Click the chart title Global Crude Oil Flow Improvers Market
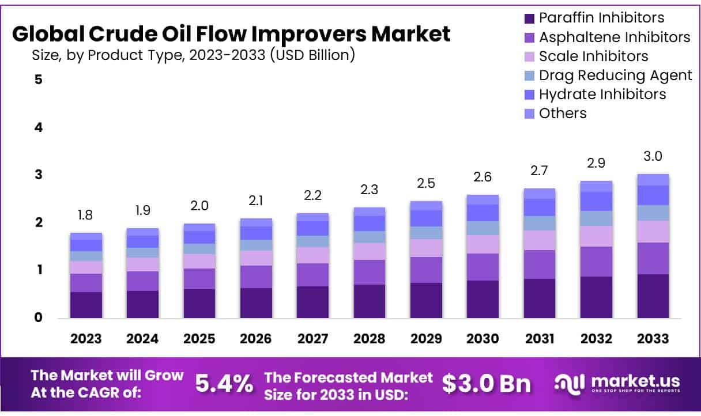(x=231, y=35)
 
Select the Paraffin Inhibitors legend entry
(x=601, y=18)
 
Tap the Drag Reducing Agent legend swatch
(x=530, y=75)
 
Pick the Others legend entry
(x=562, y=114)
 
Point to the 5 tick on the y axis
(x=39, y=80)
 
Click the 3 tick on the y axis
(x=39, y=175)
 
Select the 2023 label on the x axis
(x=86, y=338)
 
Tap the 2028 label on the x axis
(x=370, y=338)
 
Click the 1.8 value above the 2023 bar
(x=86, y=215)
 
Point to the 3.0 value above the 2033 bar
(x=653, y=157)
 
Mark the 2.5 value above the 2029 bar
(x=426, y=184)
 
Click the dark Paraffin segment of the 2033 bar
(x=653, y=296)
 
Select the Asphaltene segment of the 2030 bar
(x=483, y=267)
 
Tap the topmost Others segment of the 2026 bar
(x=256, y=222)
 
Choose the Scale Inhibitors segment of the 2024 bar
(x=142, y=264)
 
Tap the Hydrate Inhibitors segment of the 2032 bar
(x=596, y=201)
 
